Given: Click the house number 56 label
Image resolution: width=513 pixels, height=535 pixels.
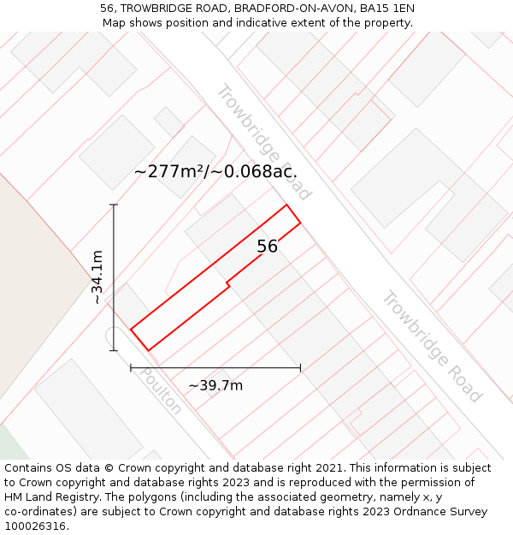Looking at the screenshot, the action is coord(268,247).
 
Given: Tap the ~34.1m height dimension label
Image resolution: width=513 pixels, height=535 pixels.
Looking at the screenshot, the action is coord(97,277).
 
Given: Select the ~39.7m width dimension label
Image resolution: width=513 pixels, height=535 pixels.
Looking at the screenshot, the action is coord(215,385).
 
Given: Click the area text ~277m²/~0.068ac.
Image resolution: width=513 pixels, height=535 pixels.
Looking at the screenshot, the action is coord(215,171).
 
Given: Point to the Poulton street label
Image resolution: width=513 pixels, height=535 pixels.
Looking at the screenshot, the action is coord(161,391).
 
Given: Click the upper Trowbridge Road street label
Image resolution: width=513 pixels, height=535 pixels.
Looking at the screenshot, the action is coord(262,141).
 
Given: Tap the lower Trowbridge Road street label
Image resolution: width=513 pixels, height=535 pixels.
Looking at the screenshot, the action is coord(431,346).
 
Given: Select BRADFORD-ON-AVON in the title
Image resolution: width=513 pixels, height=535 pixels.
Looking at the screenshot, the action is coord(293,8).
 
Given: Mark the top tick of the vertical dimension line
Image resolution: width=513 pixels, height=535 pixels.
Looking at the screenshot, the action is coord(114,205).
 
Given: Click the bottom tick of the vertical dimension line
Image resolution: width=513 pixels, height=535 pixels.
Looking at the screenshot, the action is coord(114,350).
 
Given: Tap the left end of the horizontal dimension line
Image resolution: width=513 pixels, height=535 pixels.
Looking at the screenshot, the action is coord(131,368).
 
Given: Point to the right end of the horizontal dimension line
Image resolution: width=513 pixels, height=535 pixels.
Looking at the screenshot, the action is coord(300,368).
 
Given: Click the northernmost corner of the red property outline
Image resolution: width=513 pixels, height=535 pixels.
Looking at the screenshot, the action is coord(286,205).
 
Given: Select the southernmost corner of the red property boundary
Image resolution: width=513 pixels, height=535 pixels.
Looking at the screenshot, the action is coord(149,350).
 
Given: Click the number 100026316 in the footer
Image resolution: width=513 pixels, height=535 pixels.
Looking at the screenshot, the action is coord(33,526).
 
